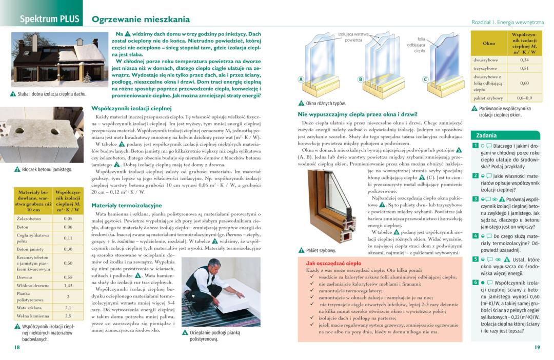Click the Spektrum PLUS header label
click(x=49, y=19)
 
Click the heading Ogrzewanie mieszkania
click(x=141, y=20)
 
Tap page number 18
click(x=17, y=347)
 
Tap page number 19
click(x=537, y=348)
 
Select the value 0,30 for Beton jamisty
click(x=68, y=249)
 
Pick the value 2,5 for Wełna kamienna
click(x=68, y=316)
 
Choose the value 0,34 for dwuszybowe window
click(x=524, y=60)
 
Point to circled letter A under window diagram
click(x=302, y=79)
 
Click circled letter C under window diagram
click(x=425, y=79)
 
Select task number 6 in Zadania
click(x=476, y=283)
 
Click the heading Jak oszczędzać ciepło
click(x=333, y=263)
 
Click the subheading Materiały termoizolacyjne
click(x=126, y=205)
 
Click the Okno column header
click(x=489, y=43)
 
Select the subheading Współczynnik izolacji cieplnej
click(x=131, y=108)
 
